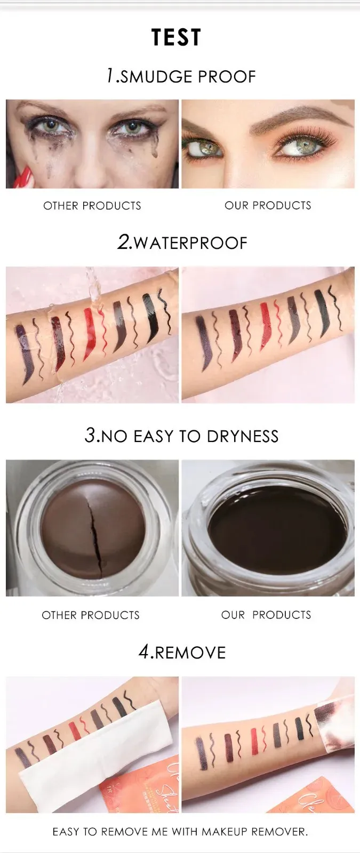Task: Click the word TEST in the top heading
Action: (176, 37)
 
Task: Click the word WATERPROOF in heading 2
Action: (191, 243)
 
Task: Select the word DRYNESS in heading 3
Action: (243, 437)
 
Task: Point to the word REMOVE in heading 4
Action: (190, 653)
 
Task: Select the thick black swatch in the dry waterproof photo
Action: (322, 313)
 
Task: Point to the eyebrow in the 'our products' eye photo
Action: (301, 117)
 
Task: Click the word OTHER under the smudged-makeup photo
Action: (61, 206)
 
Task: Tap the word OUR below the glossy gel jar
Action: (233, 615)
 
